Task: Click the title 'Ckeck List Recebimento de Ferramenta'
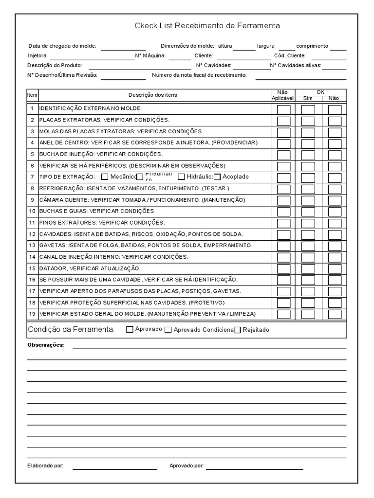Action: pos(207,25)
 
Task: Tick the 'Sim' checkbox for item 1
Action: pos(308,109)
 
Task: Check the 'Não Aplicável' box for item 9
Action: pos(283,200)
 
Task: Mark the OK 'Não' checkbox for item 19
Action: pos(335,314)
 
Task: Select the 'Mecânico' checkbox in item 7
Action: pos(105,177)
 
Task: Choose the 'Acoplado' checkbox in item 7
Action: pos(217,177)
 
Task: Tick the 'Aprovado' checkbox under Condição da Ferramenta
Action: pos(130,329)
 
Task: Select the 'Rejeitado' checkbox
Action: pos(238,330)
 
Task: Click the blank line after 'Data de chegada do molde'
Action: pos(123,47)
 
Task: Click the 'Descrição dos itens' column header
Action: pos(153,95)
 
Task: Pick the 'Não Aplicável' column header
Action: pos(282,95)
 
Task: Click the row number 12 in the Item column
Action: pos(32,234)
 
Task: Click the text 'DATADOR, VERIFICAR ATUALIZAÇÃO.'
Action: pos(90,268)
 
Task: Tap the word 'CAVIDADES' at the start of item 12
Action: pos(53,234)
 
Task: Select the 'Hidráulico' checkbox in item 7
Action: pos(181,177)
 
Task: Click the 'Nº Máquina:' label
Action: pos(150,56)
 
